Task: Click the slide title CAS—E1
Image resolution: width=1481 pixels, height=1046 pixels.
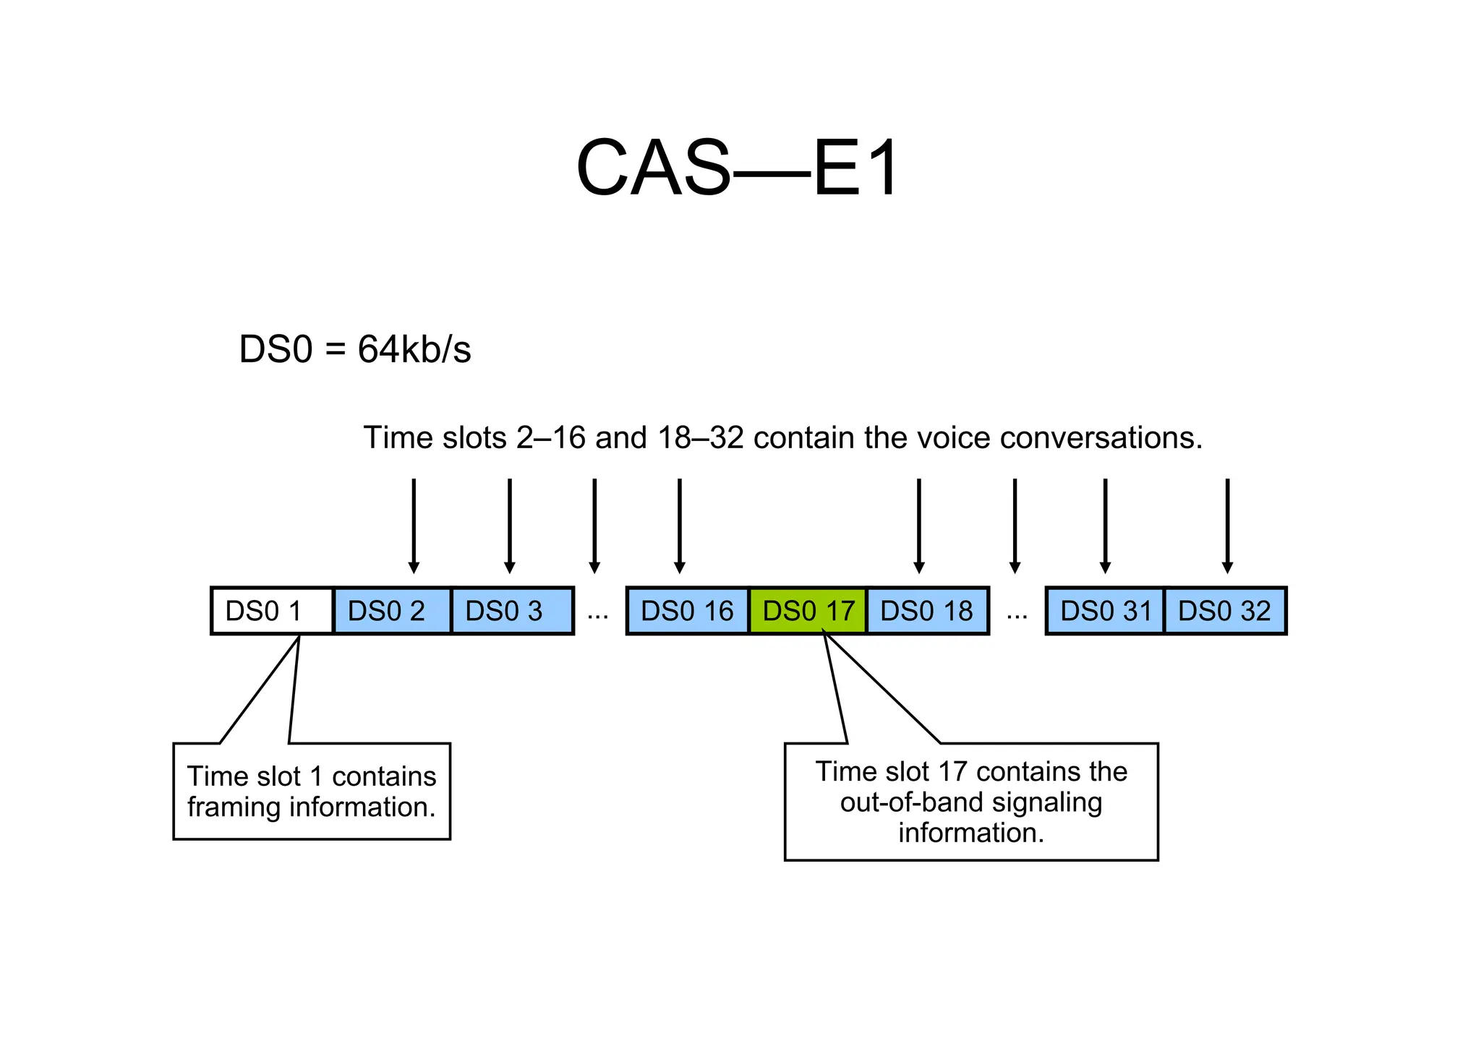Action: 738,169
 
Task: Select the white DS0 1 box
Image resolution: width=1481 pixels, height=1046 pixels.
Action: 272,612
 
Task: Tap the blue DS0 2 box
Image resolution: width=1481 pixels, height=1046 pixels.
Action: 392,612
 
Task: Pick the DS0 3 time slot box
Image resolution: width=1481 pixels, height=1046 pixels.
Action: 511,612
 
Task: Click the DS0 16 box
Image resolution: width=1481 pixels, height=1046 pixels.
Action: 687,612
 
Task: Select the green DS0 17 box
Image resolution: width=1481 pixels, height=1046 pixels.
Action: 808,612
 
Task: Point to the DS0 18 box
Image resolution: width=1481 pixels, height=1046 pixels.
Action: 927,612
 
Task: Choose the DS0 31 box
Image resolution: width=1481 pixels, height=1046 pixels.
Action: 1105,612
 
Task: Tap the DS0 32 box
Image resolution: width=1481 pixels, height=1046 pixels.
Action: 1224,612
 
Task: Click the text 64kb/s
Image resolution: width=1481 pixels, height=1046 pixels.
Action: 414,350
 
